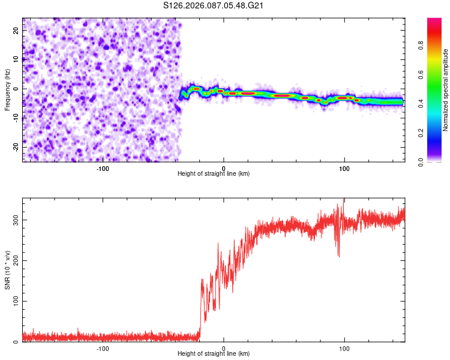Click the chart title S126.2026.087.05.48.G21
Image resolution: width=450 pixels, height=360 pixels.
point(214,6)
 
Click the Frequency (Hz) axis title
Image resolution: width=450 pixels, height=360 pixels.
point(7,90)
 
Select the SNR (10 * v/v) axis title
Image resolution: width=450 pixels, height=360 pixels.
point(7,270)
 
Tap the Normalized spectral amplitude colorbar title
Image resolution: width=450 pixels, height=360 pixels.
point(446,90)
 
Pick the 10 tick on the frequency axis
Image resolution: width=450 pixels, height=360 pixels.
point(16,59)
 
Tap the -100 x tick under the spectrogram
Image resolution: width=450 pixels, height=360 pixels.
point(103,168)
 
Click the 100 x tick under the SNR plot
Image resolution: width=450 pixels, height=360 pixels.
point(344,348)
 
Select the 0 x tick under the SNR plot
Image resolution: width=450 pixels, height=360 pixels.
point(224,348)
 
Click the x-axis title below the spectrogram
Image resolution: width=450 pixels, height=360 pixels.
point(214,174)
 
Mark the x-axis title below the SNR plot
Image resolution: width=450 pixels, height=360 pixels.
point(214,354)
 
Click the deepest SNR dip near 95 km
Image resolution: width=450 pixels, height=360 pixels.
point(338,256)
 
